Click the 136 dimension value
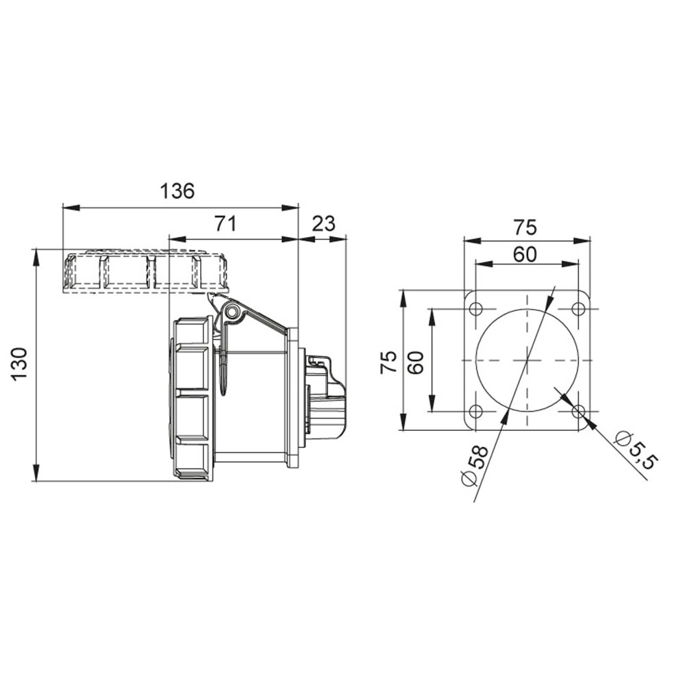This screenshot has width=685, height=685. coord(177,191)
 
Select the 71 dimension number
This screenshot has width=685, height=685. coord(225,224)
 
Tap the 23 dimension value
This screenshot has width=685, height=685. coord(324,224)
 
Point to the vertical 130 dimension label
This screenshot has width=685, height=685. coord(20,365)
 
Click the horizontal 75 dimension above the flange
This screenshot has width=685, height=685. coord(525,227)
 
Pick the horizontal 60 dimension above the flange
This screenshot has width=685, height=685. coord(525,254)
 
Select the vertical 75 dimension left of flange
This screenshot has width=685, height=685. coord(389,362)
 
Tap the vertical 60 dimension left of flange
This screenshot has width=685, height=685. coord(416,362)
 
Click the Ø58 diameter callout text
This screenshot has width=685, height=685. coord(475,465)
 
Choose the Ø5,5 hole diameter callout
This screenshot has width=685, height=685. coord(636,450)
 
